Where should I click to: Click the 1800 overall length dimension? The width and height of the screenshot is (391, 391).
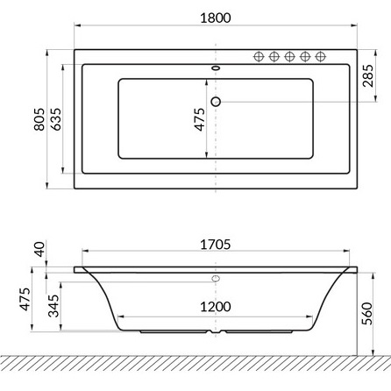coord(215,18)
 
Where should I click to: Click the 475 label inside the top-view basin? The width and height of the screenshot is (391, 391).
coord(200,119)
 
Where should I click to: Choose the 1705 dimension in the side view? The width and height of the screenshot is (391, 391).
coord(215,245)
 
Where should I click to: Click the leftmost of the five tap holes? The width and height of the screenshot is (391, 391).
coord(259,57)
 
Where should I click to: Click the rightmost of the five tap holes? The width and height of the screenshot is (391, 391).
coord(321,57)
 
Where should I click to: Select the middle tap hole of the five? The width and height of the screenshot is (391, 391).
coord(289,57)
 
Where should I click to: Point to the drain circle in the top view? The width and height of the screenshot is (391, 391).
coord(216,102)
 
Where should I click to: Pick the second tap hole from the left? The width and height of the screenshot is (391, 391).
coord(274,57)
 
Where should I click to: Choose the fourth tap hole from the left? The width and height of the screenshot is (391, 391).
coord(305,57)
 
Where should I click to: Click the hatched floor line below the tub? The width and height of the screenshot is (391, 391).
coord(195,362)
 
